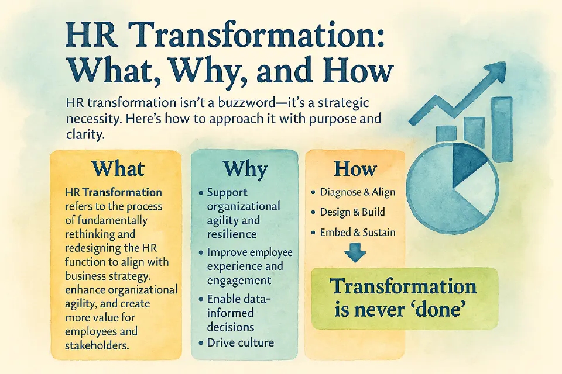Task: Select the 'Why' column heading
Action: [x=245, y=169]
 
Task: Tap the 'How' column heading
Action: [x=355, y=169]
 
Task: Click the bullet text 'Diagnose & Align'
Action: [x=358, y=192]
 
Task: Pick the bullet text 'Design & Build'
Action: [x=352, y=212]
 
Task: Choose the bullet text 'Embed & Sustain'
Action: [x=357, y=232]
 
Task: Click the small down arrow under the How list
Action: [x=355, y=254]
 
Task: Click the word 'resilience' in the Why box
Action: [x=232, y=234]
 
